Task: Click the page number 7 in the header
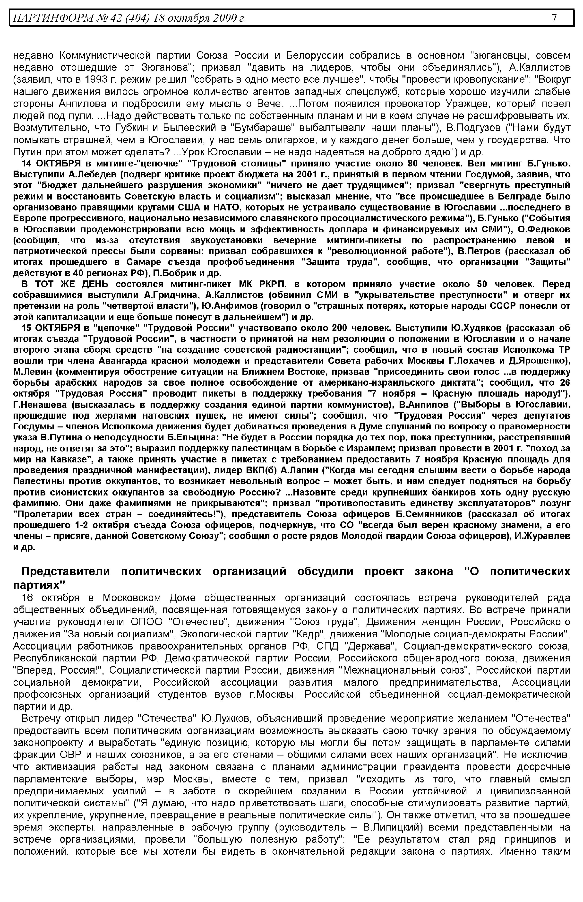(554, 18)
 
